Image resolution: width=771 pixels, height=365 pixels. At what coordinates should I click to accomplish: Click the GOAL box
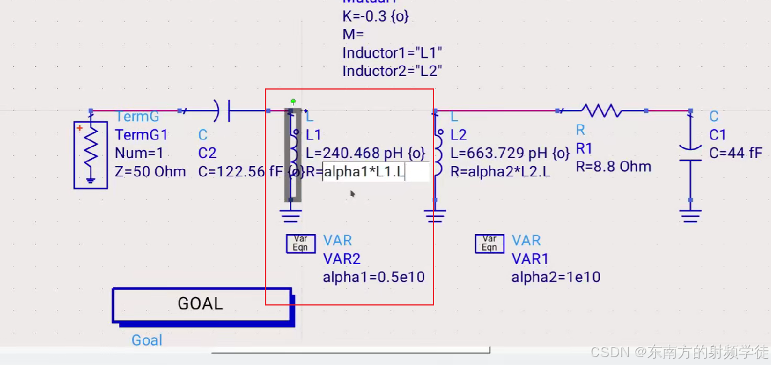click(x=201, y=304)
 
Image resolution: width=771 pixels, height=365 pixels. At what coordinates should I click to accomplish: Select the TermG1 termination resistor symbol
click(x=91, y=152)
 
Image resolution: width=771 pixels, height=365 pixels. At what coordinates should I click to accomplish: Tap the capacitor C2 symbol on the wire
click(x=223, y=111)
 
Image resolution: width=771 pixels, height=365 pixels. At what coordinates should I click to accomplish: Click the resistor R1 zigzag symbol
click(x=602, y=111)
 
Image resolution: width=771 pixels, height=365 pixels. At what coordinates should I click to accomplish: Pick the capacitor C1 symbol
click(x=690, y=154)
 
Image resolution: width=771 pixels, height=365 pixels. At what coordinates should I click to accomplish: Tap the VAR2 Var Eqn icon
click(x=300, y=244)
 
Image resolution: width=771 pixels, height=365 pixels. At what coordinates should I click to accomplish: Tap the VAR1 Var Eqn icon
click(x=489, y=244)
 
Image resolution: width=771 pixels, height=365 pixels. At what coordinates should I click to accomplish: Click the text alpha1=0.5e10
click(x=374, y=277)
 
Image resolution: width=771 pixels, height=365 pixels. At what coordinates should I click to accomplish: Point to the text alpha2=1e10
click(x=556, y=277)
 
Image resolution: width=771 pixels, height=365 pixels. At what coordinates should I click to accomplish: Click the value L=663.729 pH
click(x=509, y=153)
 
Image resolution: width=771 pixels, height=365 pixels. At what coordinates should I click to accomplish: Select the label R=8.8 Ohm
click(x=614, y=167)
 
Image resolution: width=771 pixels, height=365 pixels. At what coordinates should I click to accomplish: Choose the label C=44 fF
click(x=736, y=153)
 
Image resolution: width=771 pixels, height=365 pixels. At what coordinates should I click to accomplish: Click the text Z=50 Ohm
click(x=150, y=171)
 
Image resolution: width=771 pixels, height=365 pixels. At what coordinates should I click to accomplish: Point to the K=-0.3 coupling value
click(x=375, y=16)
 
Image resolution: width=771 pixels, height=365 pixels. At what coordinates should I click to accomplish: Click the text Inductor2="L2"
click(x=392, y=71)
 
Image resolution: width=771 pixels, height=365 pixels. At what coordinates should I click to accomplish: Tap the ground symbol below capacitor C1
click(x=690, y=215)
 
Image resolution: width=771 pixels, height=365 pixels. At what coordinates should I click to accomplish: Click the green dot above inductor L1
click(x=293, y=101)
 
